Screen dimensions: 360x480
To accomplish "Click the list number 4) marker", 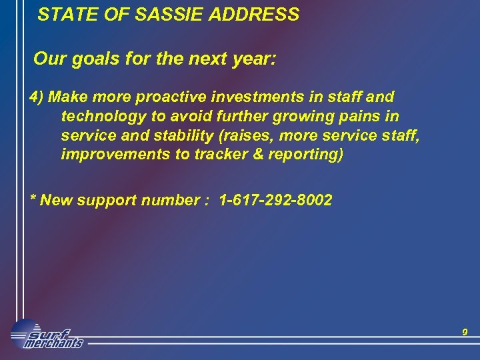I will (37, 97).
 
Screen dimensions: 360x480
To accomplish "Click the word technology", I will (105, 117).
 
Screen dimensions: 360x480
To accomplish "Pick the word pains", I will (361, 117).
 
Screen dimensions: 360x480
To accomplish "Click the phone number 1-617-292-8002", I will (271, 200).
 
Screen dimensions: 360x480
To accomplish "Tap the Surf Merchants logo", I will (47, 335).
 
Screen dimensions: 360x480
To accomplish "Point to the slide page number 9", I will (465, 332).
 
